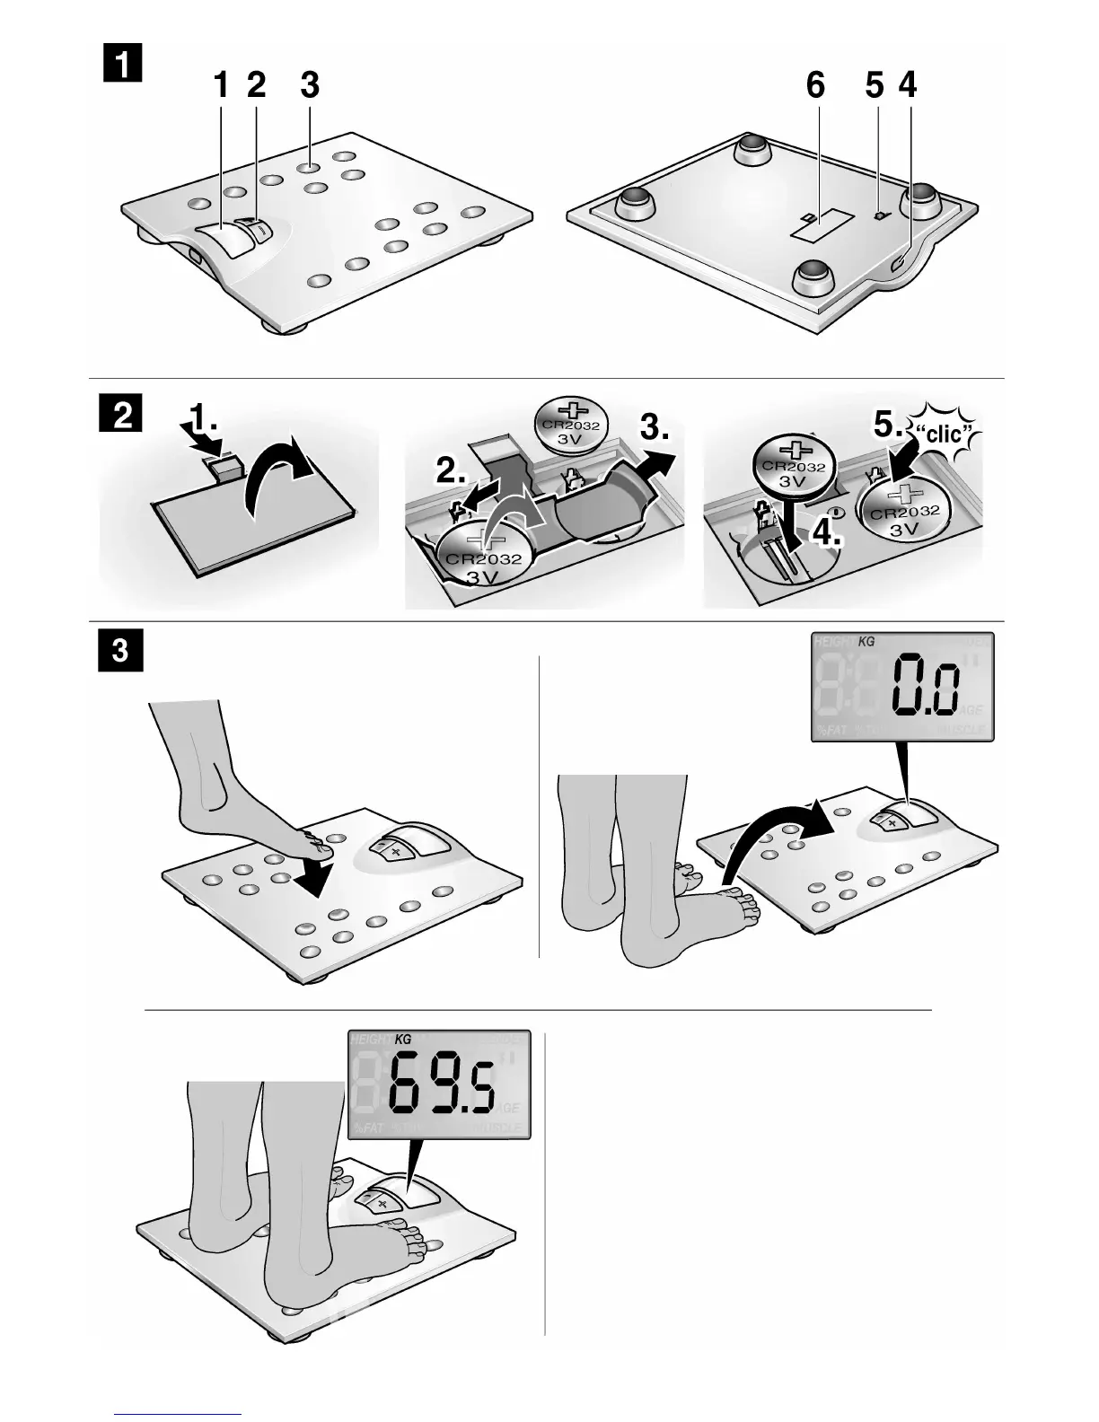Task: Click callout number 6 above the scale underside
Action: point(815,86)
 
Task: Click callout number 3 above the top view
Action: point(310,86)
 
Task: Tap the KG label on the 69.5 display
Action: point(402,1039)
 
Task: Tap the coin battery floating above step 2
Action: point(570,427)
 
